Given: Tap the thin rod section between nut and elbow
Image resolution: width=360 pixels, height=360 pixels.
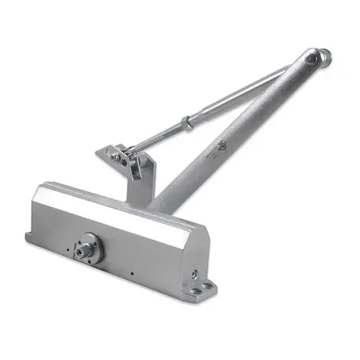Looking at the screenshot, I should [245, 89].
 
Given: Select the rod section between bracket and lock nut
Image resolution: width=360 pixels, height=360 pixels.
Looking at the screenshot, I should [158, 137].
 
